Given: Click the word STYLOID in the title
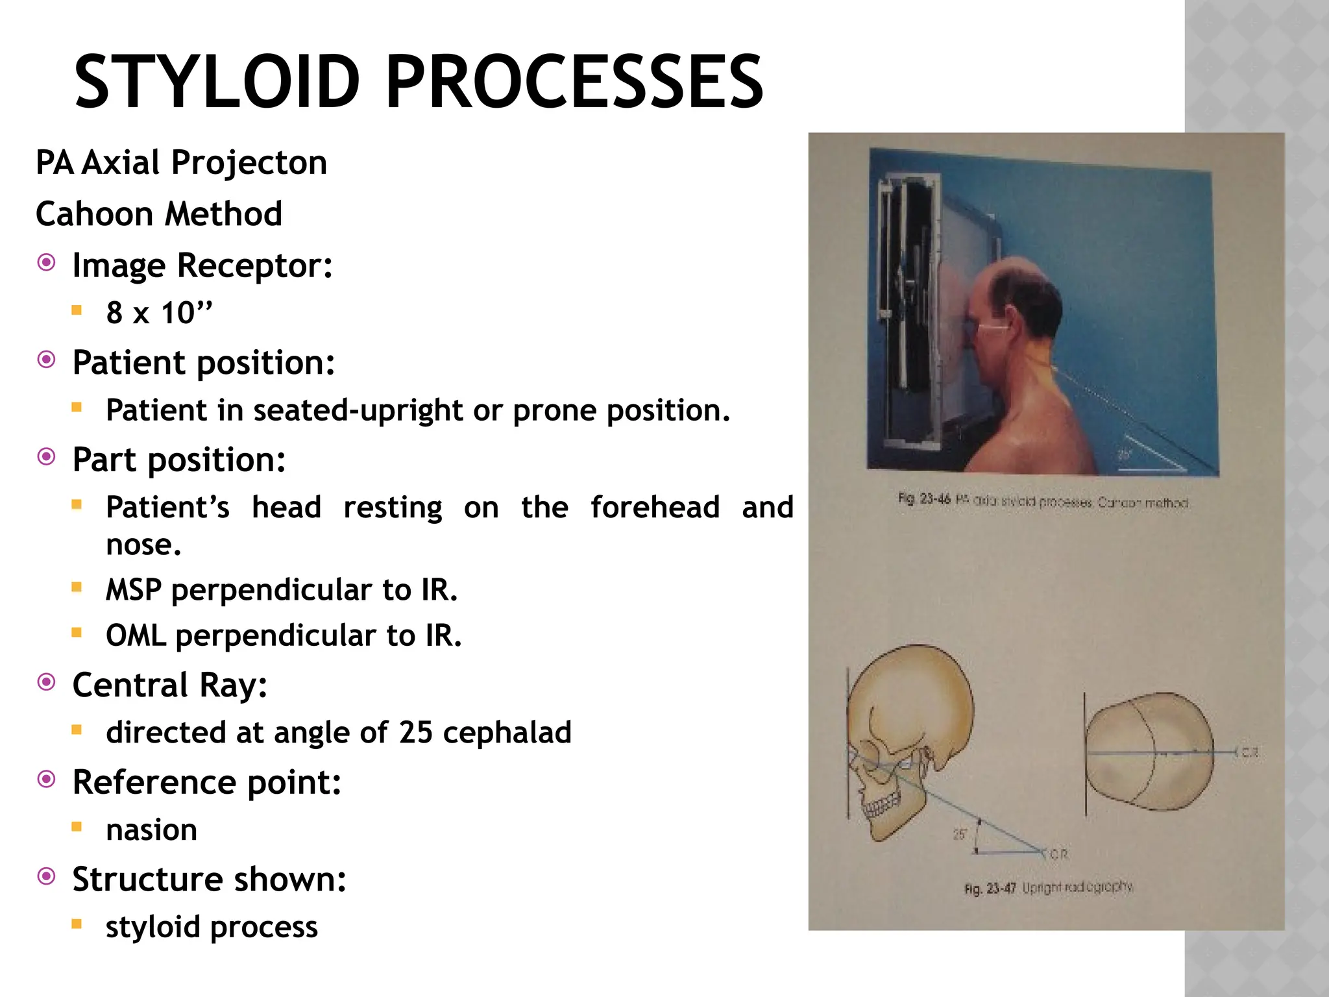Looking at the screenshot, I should [x=217, y=82].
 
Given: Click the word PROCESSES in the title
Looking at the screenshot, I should [x=575, y=82].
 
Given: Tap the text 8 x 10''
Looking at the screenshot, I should [x=160, y=313].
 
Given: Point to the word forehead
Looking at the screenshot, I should [x=655, y=507].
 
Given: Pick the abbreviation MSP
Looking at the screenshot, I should [x=134, y=590].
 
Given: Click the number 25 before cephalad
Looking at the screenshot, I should [x=415, y=732].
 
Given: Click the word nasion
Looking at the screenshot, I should [x=152, y=830].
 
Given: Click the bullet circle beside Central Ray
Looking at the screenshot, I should [x=47, y=683].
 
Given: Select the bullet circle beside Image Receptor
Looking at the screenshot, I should [x=47, y=263].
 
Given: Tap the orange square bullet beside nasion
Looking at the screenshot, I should [x=77, y=827].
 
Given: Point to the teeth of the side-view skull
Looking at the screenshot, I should [x=881, y=807].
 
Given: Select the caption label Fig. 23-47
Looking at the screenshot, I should [x=990, y=888].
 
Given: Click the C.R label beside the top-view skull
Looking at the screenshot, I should [x=1250, y=752].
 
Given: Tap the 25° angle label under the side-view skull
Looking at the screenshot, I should [x=960, y=834].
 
